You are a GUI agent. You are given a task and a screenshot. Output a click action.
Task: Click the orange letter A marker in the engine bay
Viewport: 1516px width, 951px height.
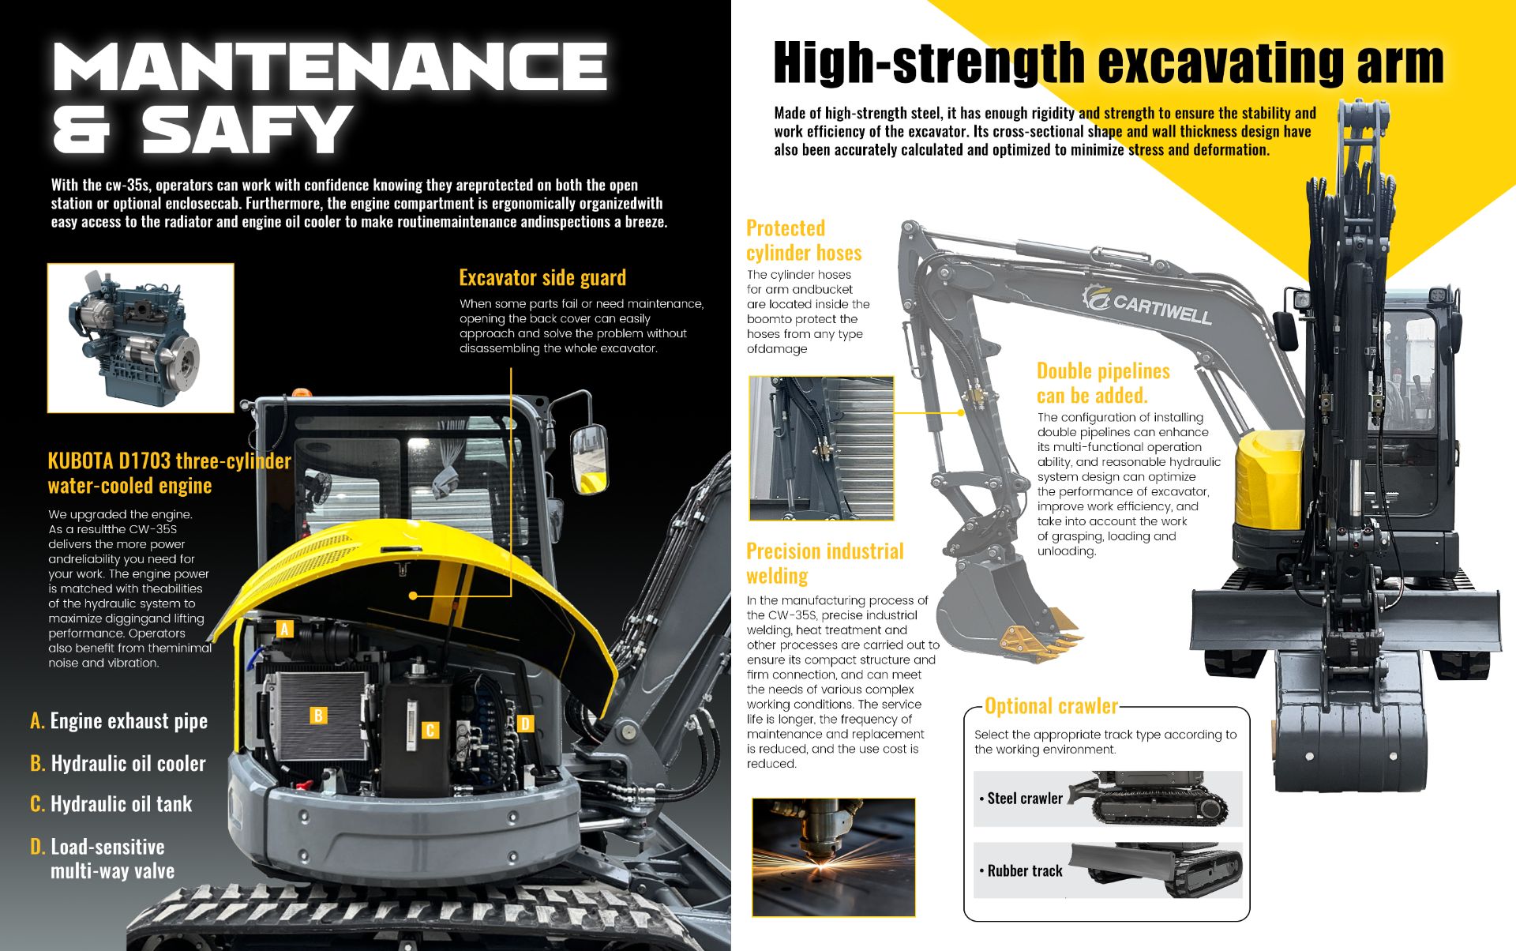tap(285, 629)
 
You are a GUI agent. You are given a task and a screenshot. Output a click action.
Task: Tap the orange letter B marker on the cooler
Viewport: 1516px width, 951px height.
tap(318, 716)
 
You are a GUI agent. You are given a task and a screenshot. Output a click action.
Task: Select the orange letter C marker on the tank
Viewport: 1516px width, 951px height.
tap(430, 731)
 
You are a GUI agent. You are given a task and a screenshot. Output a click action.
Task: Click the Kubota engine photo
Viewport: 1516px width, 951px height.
tap(141, 338)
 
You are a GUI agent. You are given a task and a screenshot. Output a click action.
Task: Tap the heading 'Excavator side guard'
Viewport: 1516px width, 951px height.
tap(542, 277)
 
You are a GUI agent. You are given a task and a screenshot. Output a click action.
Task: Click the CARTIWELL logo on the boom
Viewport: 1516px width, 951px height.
tap(1146, 304)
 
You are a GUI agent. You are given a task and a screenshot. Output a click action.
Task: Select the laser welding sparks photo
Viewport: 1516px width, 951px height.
tap(834, 857)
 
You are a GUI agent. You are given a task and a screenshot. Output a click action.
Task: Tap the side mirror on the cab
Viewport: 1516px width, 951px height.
tap(590, 460)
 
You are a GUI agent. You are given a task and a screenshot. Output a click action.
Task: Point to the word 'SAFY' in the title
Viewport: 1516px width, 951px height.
tap(245, 129)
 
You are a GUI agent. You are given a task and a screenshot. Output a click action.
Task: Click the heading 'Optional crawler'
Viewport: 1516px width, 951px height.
tap(1051, 705)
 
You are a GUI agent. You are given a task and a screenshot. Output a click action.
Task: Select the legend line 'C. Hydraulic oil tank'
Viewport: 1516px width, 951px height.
tap(111, 804)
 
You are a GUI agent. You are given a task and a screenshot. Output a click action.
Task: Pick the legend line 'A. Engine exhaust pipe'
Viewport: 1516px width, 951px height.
tap(119, 721)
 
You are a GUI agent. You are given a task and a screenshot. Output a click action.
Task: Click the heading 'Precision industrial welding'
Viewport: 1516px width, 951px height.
tap(825, 563)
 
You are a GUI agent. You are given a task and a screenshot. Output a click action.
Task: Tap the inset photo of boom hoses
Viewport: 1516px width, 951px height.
tap(821, 448)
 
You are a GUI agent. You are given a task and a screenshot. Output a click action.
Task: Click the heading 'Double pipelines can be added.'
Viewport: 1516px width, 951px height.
tap(1103, 383)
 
